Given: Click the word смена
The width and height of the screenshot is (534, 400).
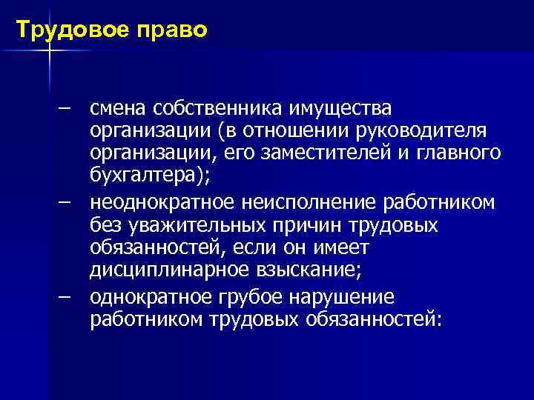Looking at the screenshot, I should click(x=119, y=110).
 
